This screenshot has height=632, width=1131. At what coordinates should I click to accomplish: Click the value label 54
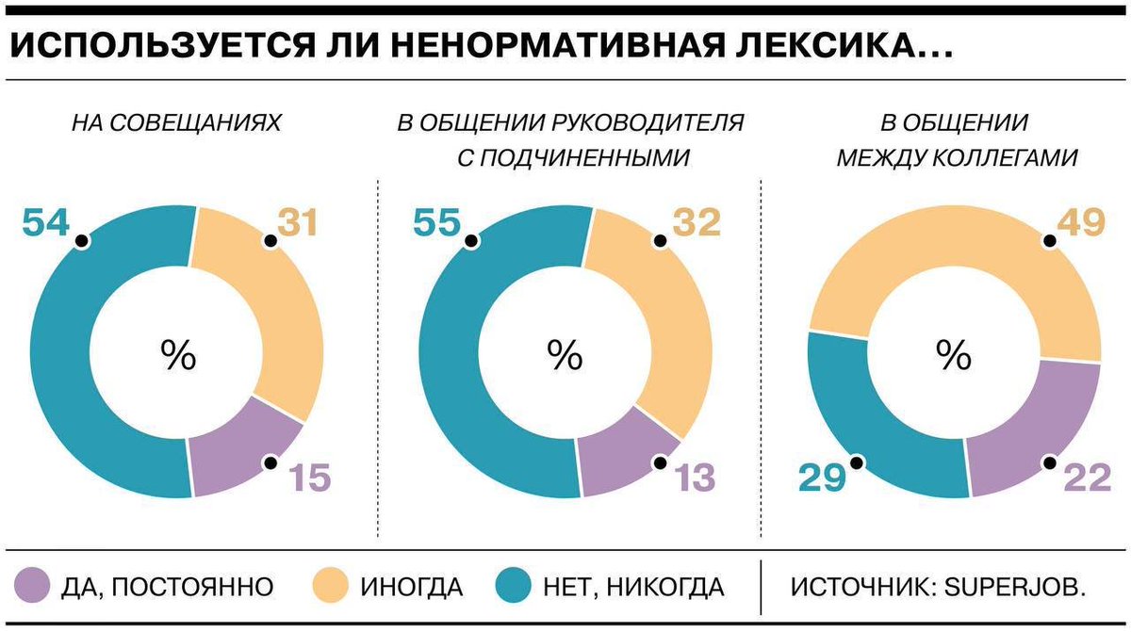[x=46, y=223]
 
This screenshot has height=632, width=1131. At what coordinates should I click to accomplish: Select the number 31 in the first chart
[x=298, y=223]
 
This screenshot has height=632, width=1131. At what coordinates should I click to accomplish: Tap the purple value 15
[x=309, y=478]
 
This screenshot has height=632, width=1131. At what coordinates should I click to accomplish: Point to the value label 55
[x=436, y=223]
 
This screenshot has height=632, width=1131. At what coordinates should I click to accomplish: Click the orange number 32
[x=696, y=223]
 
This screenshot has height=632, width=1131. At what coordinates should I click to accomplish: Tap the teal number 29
[x=823, y=478]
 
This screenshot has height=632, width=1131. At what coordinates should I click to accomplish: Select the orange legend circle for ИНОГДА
[x=328, y=587]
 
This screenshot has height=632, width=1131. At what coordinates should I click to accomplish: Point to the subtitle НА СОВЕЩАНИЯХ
[x=176, y=122]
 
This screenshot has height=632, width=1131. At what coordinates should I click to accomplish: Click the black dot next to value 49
[x=1048, y=242]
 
